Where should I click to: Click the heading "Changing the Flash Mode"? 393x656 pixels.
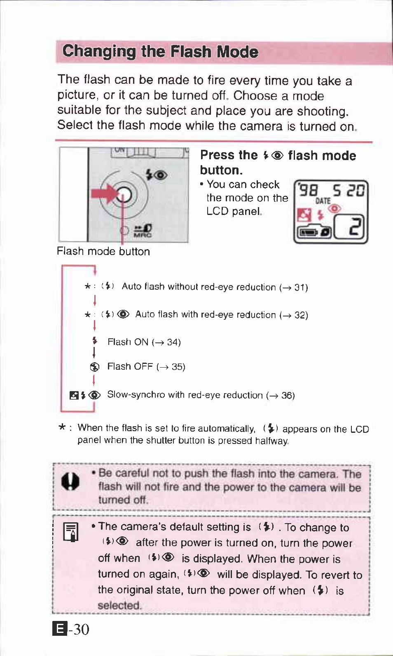pos(160,52)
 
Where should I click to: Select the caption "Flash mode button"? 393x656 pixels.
pos(103,251)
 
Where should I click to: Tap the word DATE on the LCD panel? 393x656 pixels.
pos(323,201)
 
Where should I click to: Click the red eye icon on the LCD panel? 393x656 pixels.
pos(335,209)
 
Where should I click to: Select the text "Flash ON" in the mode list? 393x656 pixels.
pos(128,342)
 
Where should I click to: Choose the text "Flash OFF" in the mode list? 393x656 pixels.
pos(130,367)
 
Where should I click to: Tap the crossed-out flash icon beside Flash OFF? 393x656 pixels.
pos(94,367)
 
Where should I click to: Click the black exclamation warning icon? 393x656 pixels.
pos(70,481)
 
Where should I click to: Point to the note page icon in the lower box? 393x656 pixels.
pos(70,531)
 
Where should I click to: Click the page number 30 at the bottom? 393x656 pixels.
pos(79,629)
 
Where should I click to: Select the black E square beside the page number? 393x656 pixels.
pos(60,629)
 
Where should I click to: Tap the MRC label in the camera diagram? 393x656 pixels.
pos(143,235)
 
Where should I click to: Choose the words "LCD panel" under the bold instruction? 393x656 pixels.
pos(234,212)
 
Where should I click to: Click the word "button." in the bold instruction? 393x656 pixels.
pos(221,170)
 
